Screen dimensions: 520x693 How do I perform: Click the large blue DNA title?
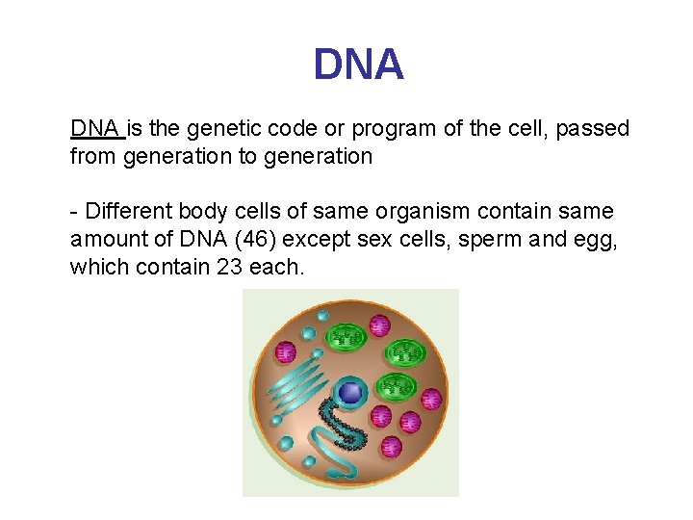(x=358, y=65)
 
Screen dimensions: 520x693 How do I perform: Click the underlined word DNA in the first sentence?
(x=94, y=129)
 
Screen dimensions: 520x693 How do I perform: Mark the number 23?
(x=230, y=267)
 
